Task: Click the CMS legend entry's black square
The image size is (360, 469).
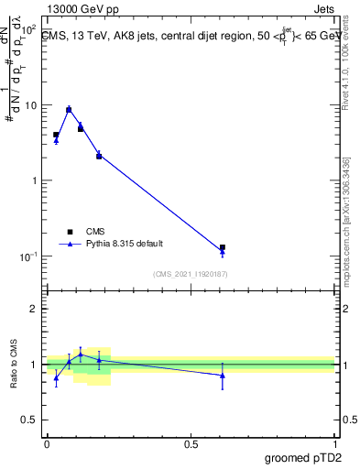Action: tap(70, 232)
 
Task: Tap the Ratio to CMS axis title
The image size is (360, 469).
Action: tap(15, 365)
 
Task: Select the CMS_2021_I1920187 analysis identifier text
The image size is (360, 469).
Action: tap(191, 274)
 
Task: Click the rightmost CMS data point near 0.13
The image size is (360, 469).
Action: tap(223, 247)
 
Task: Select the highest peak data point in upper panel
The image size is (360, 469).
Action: tap(69, 109)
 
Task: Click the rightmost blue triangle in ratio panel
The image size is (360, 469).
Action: tap(223, 376)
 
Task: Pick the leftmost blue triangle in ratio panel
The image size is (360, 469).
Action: tap(56, 377)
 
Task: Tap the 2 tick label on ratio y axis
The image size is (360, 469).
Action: tap(34, 309)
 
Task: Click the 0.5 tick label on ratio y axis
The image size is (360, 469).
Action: tap(30, 420)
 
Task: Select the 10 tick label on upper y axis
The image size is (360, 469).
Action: tap(30, 105)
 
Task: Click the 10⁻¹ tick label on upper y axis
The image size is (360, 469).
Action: tap(28, 256)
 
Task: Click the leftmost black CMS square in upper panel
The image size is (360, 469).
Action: tap(56, 135)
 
